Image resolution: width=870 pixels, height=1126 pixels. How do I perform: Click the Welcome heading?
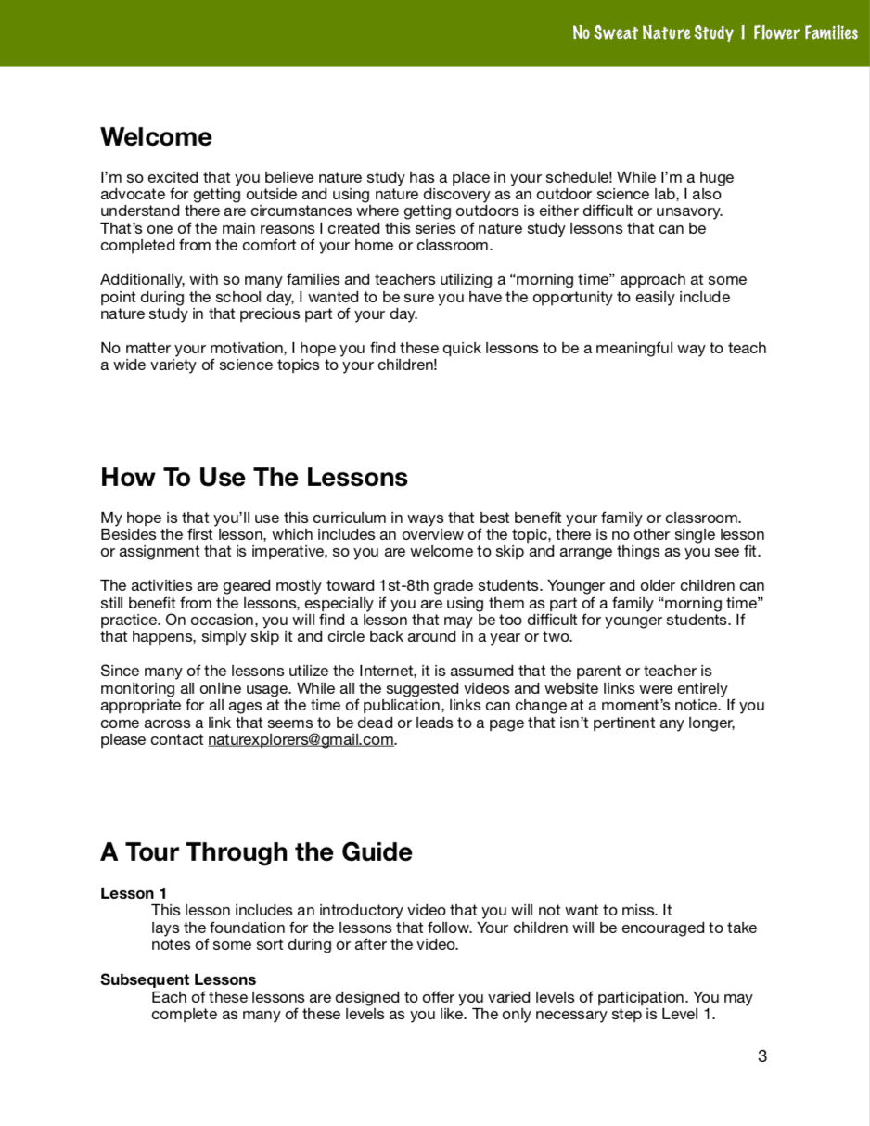pyautogui.click(x=156, y=137)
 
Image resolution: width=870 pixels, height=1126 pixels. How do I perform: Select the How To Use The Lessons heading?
pyautogui.click(x=254, y=478)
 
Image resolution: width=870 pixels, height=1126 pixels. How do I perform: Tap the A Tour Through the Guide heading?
pyautogui.click(x=256, y=852)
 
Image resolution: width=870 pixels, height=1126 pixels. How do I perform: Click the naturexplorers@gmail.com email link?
pyautogui.click(x=301, y=740)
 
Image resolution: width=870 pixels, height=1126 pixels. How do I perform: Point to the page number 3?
pyautogui.click(x=762, y=1056)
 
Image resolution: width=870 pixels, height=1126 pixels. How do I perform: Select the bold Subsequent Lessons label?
pyautogui.click(x=178, y=980)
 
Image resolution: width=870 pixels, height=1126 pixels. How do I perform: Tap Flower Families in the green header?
pyautogui.click(x=805, y=33)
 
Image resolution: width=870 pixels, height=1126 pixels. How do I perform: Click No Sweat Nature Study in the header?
pyautogui.click(x=652, y=33)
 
